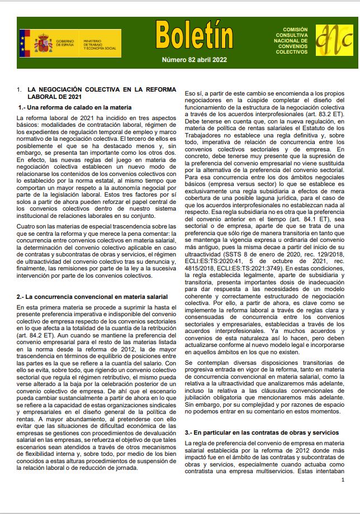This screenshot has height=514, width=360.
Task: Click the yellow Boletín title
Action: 194,35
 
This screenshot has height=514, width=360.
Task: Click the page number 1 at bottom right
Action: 342,479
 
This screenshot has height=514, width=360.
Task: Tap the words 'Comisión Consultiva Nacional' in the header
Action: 295,36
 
